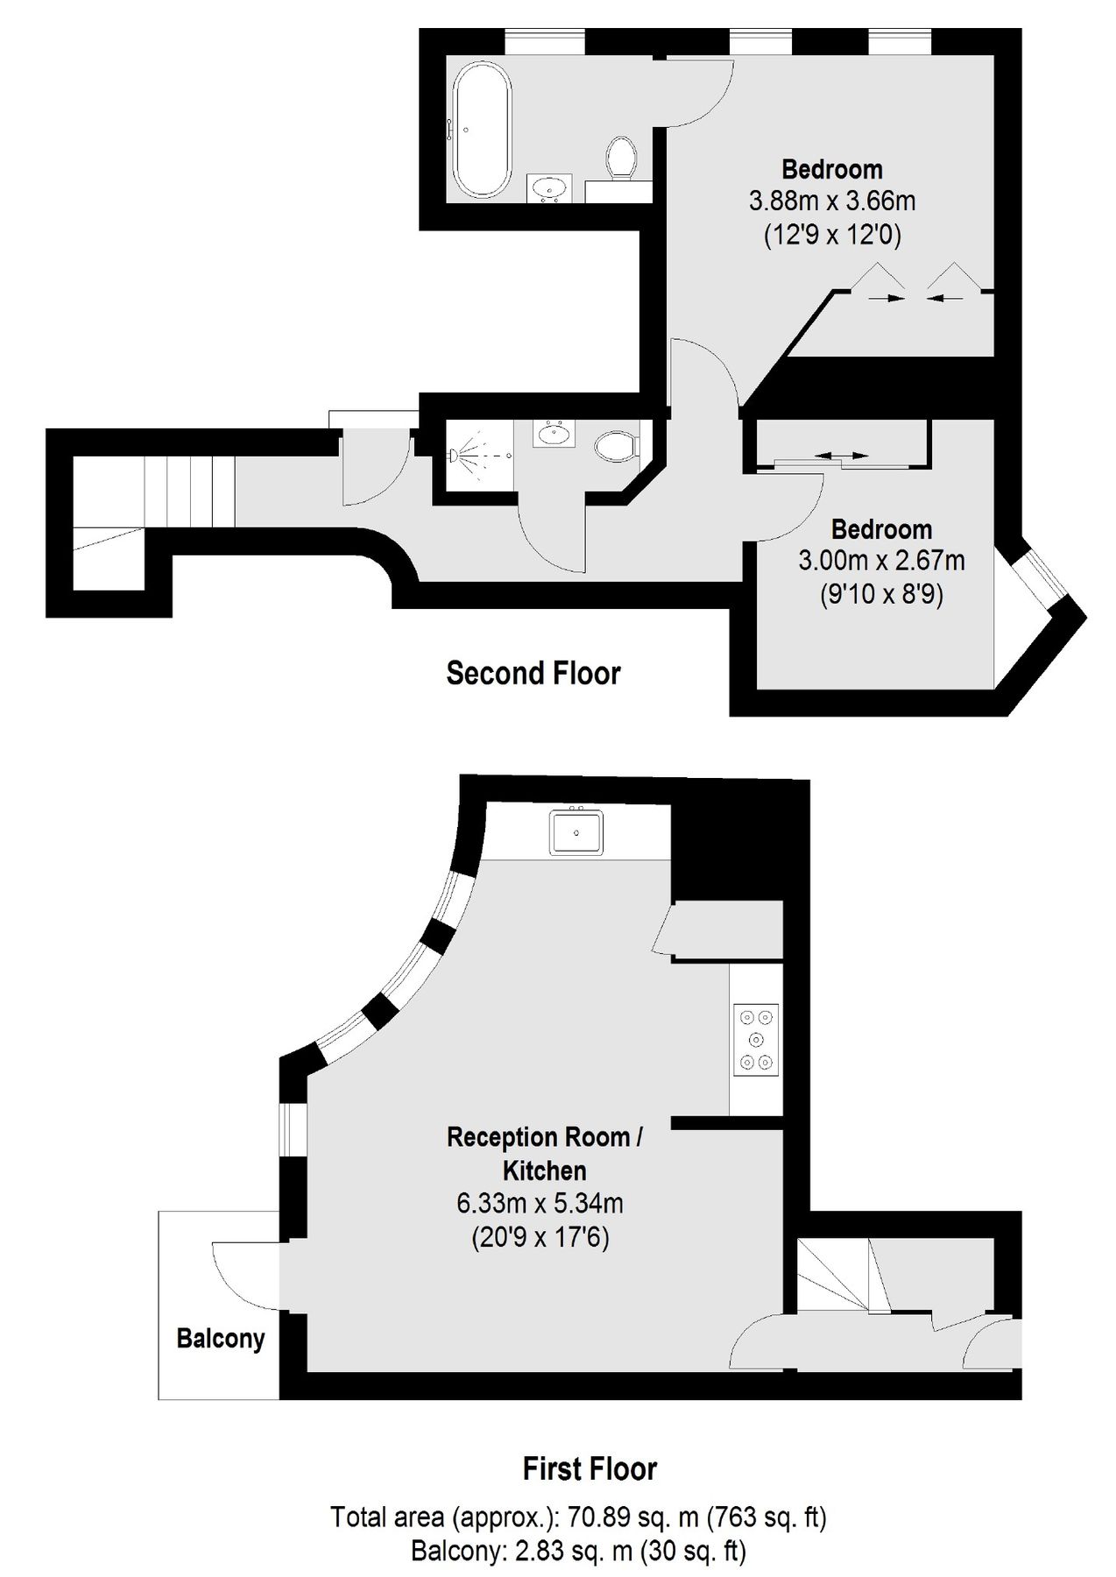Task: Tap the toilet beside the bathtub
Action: [622, 158]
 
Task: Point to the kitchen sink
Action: [576, 831]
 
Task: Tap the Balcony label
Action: [220, 1339]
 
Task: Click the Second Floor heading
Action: [533, 673]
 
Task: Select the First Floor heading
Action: [590, 1468]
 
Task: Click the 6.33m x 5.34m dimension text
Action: [540, 1204]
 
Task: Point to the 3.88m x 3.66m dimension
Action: [831, 202]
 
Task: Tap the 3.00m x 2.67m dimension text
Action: [881, 561]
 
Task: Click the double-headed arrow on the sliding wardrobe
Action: [844, 456]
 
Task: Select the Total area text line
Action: [578, 1517]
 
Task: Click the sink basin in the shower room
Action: [552, 433]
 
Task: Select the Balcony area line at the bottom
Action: [578, 1552]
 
